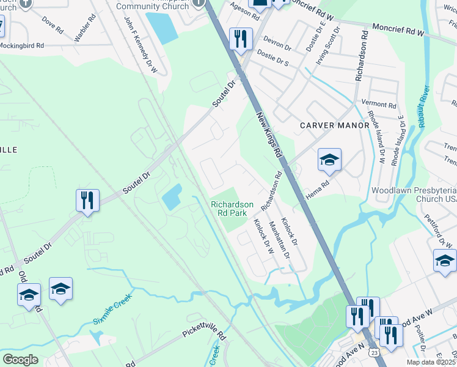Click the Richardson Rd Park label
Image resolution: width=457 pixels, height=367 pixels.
coord(232,209)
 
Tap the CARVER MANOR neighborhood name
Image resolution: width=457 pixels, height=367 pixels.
coord(335,125)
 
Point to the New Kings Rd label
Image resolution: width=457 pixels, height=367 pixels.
coord(268,134)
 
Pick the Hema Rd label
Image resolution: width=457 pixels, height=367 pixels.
coord(317,182)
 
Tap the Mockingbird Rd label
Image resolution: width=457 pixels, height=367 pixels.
coord(22,46)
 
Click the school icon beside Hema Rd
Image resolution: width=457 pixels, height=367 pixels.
coord(329,161)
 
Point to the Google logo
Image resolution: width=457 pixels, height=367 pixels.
coord(21,360)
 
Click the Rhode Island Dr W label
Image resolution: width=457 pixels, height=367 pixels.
coord(375,138)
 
